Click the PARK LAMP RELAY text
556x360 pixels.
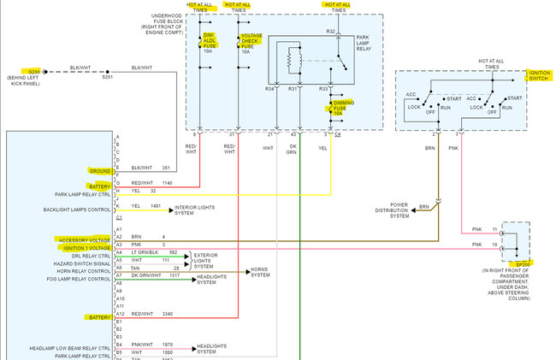[369, 44]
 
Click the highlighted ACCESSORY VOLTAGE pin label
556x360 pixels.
[85, 239]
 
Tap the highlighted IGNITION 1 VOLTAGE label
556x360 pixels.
[86, 247]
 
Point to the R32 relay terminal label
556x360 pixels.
[330, 32]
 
